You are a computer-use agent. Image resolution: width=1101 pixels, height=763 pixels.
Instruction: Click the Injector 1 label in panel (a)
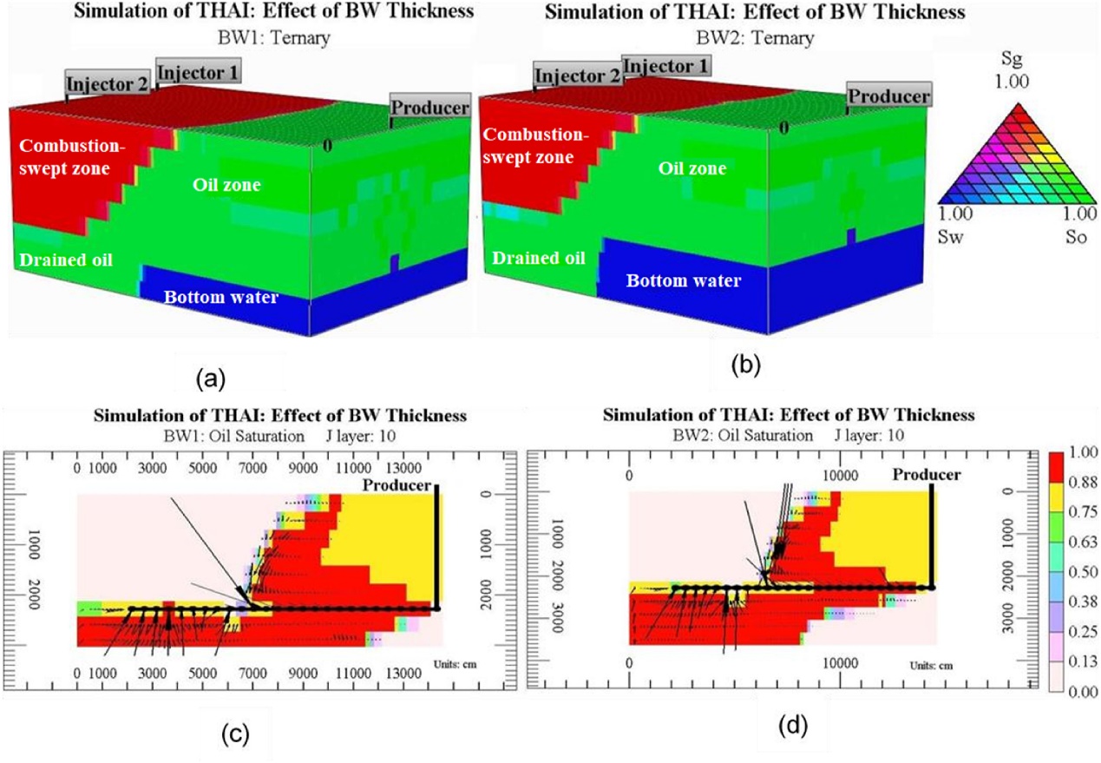pos(198,72)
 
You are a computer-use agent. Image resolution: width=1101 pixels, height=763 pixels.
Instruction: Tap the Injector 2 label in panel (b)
pos(578,76)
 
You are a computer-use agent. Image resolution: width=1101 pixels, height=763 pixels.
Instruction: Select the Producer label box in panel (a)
pos(430,107)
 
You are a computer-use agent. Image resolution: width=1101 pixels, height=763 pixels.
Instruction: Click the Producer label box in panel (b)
pos(889,95)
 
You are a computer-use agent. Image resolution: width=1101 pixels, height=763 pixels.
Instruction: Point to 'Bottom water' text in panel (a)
pos(221,297)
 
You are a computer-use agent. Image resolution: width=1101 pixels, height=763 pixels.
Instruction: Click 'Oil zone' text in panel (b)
pos(692,168)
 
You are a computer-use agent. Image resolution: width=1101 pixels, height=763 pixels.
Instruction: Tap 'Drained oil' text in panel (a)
pos(66,260)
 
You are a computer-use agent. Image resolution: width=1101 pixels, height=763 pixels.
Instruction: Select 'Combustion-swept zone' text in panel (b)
pos(536,146)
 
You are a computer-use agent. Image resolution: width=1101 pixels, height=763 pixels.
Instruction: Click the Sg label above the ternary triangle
pos(1012,60)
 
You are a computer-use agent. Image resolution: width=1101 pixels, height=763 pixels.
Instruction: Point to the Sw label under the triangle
pos(951,237)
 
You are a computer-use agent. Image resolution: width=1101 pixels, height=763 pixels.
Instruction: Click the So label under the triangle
pos(1076,237)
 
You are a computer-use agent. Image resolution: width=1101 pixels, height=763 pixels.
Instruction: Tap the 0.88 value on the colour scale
pos(1083,482)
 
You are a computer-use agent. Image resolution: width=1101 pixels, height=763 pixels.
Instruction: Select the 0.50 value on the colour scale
pos(1083,572)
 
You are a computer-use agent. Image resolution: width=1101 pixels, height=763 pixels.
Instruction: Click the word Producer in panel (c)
pos(396,485)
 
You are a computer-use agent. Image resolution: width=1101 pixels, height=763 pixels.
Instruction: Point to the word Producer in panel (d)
pos(927,475)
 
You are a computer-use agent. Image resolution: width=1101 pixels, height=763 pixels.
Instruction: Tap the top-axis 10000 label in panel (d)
pos(841,476)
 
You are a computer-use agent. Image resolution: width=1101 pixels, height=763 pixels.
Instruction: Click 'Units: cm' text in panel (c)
pos(455,664)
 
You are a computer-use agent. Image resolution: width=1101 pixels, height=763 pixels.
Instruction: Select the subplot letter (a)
pos(211,379)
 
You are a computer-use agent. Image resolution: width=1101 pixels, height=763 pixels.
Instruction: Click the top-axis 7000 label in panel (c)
pos(252,468)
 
